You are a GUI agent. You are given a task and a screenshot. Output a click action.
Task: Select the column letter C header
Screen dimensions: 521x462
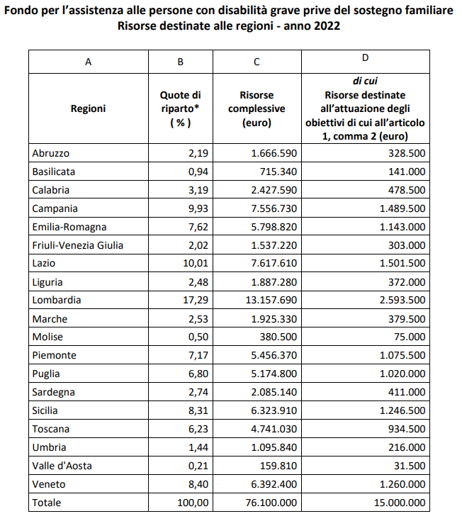pos(257,62)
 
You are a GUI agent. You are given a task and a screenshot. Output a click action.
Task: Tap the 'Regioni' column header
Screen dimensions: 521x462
pos(88,108)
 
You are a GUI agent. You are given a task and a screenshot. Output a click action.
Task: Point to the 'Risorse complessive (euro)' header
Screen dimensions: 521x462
pos(257,108)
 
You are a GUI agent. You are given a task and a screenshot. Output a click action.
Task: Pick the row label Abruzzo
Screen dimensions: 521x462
pos(51,153)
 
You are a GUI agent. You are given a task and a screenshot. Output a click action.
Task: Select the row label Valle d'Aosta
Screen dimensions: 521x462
pos(62,466)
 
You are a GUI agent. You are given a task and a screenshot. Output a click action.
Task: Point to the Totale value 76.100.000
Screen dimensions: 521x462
pos(271,503)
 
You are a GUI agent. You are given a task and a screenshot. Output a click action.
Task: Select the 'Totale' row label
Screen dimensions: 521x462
pos(47,503)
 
